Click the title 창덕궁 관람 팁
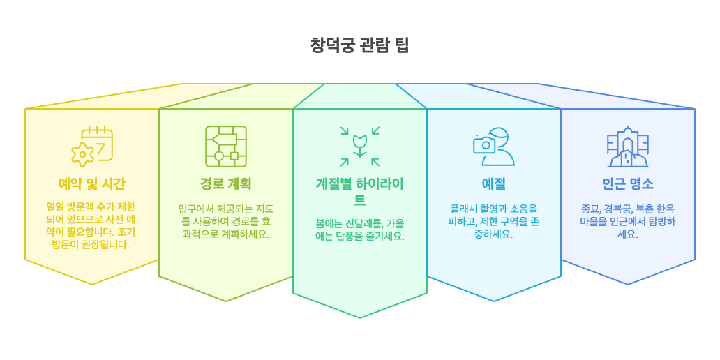point(359,45)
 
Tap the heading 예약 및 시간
point(92,184)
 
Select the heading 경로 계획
point(225,184)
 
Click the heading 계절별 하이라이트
point(359,192)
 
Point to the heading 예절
point(493,184)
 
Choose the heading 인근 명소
point(627,184)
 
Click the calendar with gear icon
point(92,147)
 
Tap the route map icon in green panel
point(225,147)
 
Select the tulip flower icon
point(360,146)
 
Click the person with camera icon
point(493,147)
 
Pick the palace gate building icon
point(627,147)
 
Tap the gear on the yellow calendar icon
point(83,153)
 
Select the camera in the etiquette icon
point(483,144)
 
